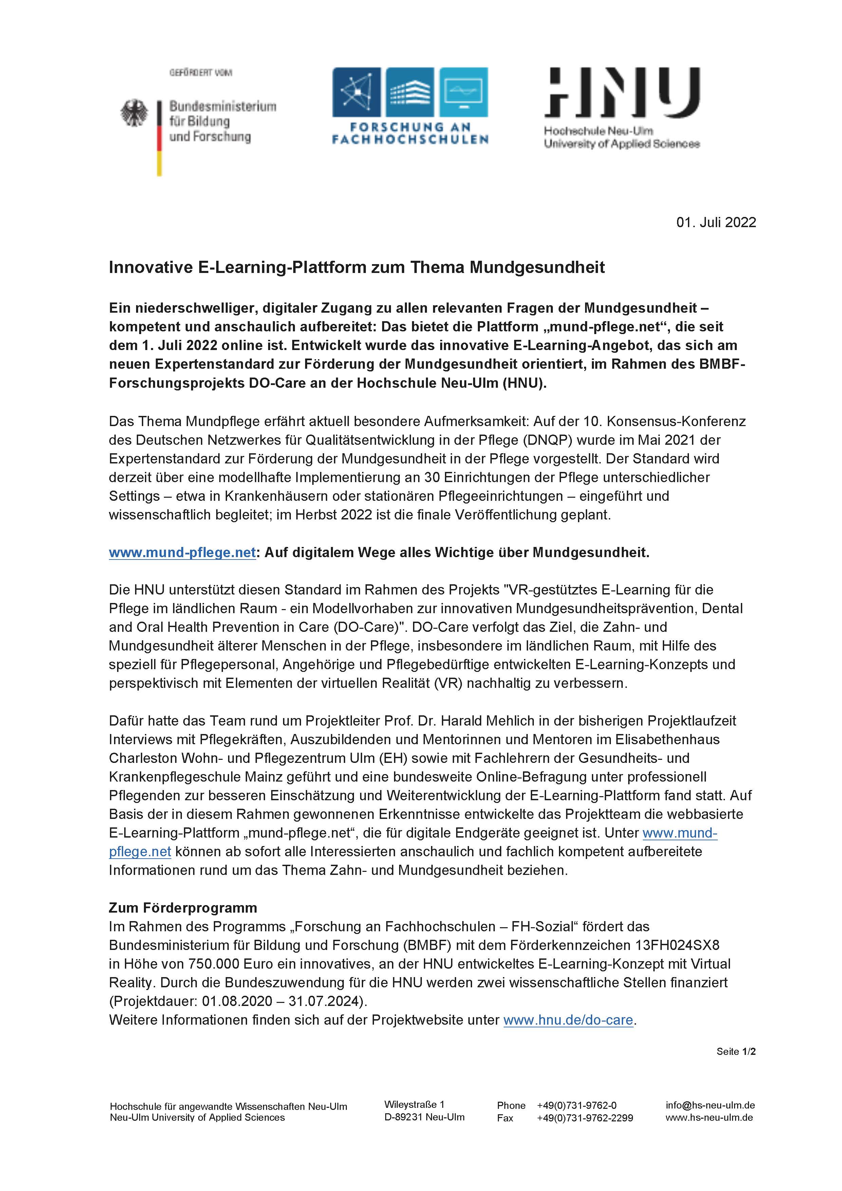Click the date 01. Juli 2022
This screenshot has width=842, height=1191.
tap(716, 222)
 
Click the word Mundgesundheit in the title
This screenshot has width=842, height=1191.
tap(537, 267)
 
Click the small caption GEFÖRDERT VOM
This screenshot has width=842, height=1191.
tap(201, 73)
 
